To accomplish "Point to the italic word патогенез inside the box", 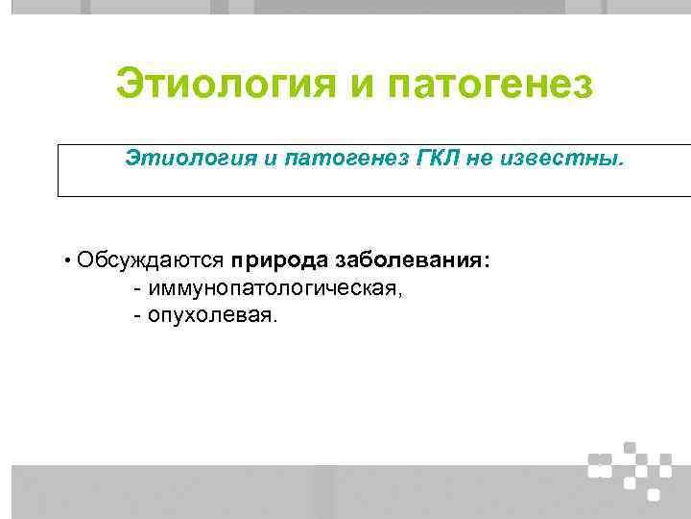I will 340,157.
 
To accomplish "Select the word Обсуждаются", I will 151,260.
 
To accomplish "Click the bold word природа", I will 279,261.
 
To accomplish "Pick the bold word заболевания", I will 410,260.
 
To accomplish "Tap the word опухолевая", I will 211,314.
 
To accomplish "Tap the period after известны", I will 620,161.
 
